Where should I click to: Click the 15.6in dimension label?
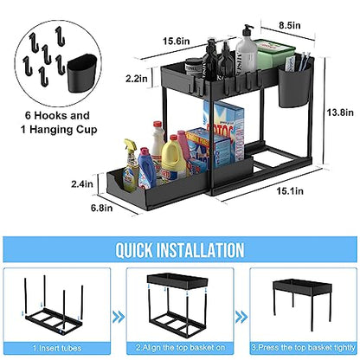point(177,41)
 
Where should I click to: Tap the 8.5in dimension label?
point(290,25)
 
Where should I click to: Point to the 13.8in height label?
point(340,112)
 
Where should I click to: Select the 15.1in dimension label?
point(290,191)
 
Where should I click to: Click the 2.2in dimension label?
point(137,78)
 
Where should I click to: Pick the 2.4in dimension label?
point(82,183)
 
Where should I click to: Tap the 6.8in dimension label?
point(102,208)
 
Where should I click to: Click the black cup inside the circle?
point(82,73)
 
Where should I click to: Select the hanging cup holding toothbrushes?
point(294,85)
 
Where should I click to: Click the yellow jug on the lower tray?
point(173,158)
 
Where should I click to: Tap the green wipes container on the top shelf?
point(274,54)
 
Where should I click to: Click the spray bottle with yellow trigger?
point(131,165)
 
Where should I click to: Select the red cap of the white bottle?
point(157,124)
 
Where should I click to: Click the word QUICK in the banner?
point(134,250)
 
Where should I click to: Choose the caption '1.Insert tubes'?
point(57,348)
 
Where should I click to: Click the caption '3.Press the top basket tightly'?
point(303,347)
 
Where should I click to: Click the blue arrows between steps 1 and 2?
point(119,317)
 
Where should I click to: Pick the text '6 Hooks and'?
point(57,116)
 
